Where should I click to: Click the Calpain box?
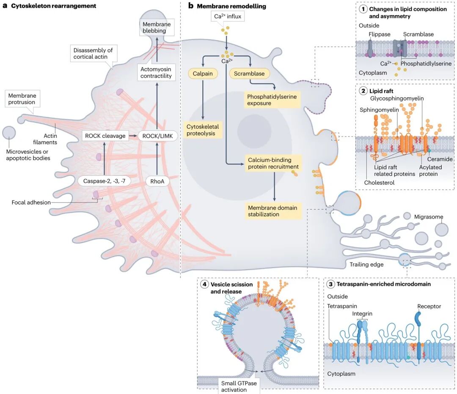coord(203,74)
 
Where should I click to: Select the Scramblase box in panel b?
coord(249,74)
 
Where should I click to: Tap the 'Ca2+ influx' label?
coord(228,16)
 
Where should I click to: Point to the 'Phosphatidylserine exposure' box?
coord(272,100)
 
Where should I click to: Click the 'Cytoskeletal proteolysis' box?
coord(203,130)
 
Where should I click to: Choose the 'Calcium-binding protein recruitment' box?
coord(273,163)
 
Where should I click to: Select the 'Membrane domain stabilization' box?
coord(273,211)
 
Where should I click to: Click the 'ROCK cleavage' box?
coord(105,136)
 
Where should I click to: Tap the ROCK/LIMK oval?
coord(158,136)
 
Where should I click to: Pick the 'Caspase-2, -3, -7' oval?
coord(105,181)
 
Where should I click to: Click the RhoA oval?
coord(157,181)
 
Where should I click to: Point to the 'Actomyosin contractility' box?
coord(156,73)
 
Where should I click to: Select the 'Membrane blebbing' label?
coord(157,27)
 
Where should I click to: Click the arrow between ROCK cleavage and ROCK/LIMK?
coord(133,136)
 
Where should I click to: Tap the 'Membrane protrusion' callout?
coord(22,99)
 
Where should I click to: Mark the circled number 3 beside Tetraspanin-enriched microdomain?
coord(330,284)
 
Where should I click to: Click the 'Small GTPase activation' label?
coord(239,386)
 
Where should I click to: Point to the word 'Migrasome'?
coord(428,216)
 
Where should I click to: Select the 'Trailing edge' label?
coord(366,264)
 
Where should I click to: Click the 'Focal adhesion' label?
coord(31,202)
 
